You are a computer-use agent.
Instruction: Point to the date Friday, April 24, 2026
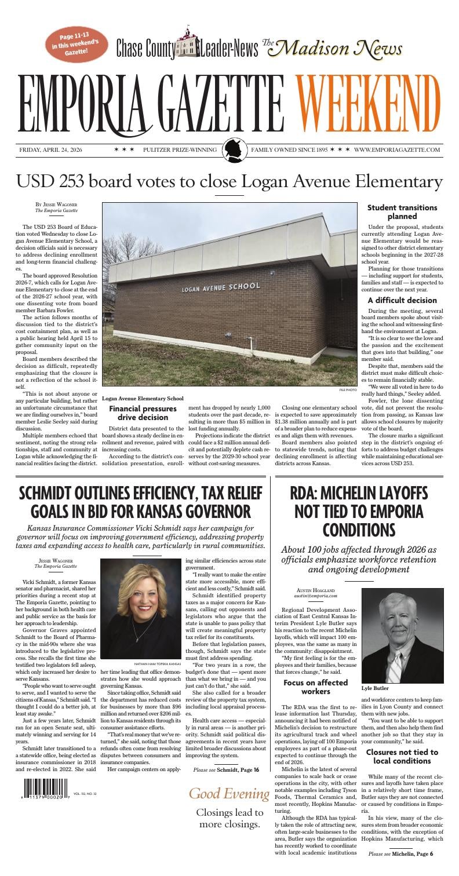[50, 150]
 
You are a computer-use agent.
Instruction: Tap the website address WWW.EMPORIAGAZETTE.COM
[397, 150]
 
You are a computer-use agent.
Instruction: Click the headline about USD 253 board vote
[229, 181]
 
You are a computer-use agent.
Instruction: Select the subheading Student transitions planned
[402, 212]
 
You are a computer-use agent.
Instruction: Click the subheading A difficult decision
[402, 300]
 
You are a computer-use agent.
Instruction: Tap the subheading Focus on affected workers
[315, 687]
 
